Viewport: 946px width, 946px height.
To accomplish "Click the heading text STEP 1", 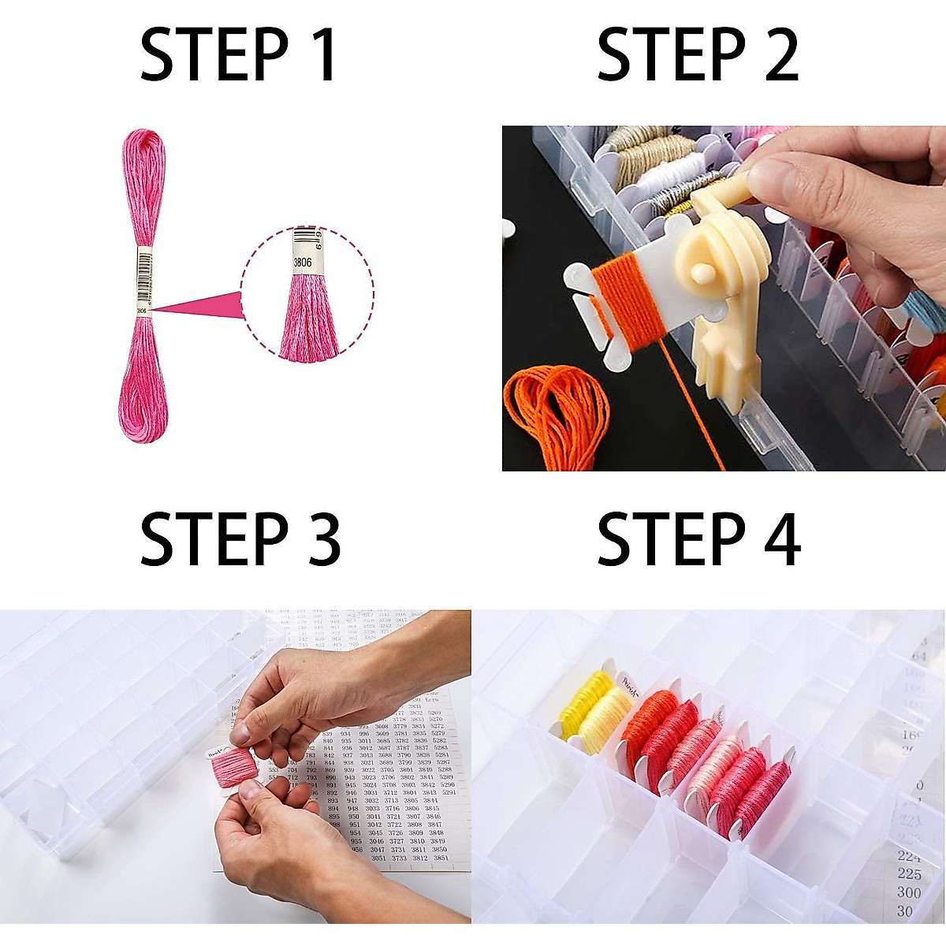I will tap(238, 55).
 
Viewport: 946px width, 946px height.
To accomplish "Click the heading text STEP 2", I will tap(698, 55).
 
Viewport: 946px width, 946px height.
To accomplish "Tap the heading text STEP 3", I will tap(240, 539).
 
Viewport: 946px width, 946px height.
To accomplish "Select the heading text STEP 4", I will tap(698, 539).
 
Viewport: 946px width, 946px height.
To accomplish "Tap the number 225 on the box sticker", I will tap(909, 873).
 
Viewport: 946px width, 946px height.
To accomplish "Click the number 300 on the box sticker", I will tap(909, 892).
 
